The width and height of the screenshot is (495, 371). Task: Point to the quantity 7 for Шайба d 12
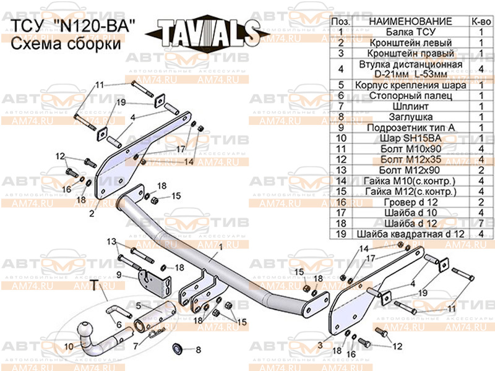[x=480, y=223]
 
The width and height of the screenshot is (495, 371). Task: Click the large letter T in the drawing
[x=95, y=285]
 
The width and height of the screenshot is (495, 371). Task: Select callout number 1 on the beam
[x=219, y=247]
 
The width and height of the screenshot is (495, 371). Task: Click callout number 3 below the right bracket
[x=321, y=344]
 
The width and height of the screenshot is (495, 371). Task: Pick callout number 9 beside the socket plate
[x=119, y=275]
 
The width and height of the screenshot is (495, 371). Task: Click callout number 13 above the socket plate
[x=111, y=241]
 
